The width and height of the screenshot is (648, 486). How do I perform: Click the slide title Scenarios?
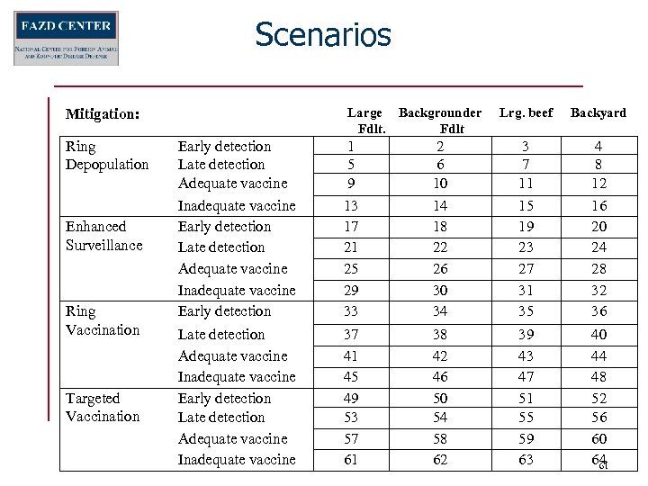click(323, 35)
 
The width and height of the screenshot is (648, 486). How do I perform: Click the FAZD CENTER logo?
click(66, 38)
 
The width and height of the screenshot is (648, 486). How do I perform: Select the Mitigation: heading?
click(103, 114)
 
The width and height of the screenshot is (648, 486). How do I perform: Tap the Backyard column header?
click(598, 112)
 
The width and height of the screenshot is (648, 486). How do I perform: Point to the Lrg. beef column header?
click(526, 112)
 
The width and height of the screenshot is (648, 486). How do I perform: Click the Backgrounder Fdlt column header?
click(440, 121)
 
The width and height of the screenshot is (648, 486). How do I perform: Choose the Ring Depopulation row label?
click(107, 155)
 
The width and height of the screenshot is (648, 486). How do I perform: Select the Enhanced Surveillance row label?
click(104, 236)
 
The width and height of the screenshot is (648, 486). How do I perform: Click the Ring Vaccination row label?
click(103, 320)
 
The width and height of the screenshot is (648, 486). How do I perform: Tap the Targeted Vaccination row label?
click(103, 407)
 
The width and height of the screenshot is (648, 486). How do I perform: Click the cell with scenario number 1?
click(351, 146)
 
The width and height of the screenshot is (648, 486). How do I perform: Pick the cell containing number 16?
click(598, 206)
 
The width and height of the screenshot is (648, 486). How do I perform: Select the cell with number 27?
click(526, 268)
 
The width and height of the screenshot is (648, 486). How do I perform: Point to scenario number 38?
click(439, 334)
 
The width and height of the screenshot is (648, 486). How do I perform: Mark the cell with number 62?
click(439, 459)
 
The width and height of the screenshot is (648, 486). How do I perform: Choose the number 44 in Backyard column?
click(598, 355)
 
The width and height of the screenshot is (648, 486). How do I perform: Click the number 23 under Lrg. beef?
click(526, 247)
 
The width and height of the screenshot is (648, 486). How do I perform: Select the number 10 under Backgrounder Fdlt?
click(439, 183)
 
